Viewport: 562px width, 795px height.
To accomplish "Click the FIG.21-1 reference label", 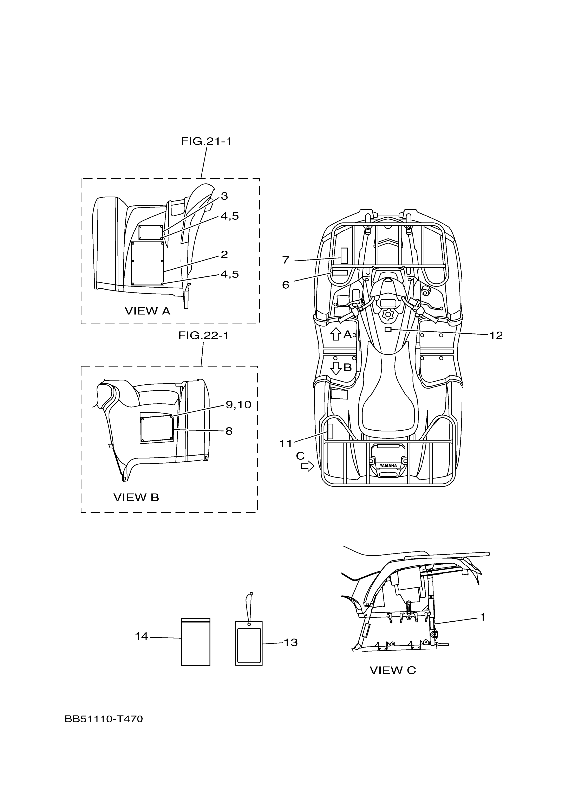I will coord(206,141).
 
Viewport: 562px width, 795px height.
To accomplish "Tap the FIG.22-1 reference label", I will coord(204,336).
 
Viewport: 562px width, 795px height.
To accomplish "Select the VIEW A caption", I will coord(147,311).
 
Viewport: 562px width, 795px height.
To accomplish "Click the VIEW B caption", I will coord(136,497).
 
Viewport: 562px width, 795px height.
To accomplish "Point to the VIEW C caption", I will coord(392,670).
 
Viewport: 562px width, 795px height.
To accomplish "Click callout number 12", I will coord(496,335).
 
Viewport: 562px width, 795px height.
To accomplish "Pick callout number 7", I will coord(286,260).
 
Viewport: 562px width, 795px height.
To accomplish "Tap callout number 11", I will coord(286,443).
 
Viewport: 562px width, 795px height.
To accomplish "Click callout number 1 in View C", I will coord(482,617).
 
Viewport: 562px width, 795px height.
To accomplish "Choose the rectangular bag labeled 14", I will coord(195,642).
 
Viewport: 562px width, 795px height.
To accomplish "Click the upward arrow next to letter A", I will coord(335,334).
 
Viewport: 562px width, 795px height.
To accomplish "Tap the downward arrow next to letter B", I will coord(336,368).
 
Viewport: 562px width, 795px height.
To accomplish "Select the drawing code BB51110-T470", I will coord(104,719).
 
